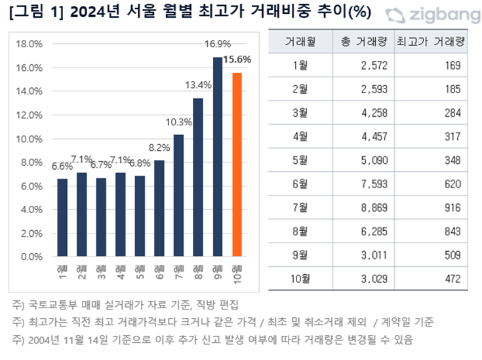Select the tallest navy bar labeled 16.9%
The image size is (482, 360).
pyautogui.click(x=218, y=157)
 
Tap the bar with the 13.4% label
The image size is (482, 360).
pyautogui.click(x=198, y=177)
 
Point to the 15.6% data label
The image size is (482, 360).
pyautogui.click(x=237, y=59)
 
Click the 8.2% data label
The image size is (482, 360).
pyautogui.click(x=159, y=148)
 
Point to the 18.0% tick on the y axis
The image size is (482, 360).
pyautogui.click(x=29, y=44)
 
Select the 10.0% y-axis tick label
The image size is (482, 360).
pyautogui.click(x=29, y=139)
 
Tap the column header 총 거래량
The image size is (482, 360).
pyautogui.click(x=364, y=43)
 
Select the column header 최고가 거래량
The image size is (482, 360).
pyautogui.click(x=430, y=43)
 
